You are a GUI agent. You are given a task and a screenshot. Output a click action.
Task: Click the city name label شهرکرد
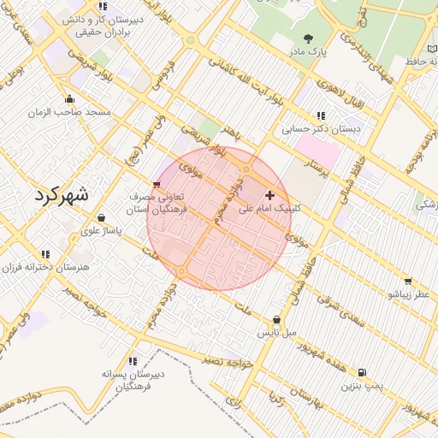coord(62,194)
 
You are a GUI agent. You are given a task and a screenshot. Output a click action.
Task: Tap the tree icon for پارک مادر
coord(308,38)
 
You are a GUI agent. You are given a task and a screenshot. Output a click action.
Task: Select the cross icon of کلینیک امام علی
coord(271,195)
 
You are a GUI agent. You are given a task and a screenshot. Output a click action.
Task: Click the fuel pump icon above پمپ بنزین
coord(362,373)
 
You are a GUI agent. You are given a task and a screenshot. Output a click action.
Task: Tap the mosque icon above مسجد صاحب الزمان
coord(69,98)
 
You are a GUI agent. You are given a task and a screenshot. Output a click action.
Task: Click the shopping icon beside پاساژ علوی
coord(103,217)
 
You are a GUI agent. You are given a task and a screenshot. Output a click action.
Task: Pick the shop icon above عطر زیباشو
coord(408,281)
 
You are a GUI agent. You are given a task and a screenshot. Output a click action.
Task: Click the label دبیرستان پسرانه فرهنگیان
coord(132,380)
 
